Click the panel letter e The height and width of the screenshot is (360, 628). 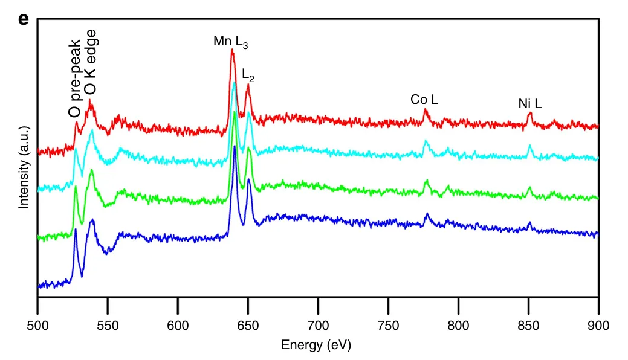[x=24, y=19]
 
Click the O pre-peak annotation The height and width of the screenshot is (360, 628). [x=74, y=79]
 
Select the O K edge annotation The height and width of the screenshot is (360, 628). [x=90, y=62]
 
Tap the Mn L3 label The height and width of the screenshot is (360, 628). [x=230, y=42]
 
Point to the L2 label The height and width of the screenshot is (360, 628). [x=248, y=74]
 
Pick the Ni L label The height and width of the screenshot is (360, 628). [x=530, y=104]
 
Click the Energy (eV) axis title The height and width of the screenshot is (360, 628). [x=316, y=346]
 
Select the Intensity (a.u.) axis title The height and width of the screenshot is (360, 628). [x=24, y=167]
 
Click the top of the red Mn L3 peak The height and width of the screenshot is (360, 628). [x=232, y=50]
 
